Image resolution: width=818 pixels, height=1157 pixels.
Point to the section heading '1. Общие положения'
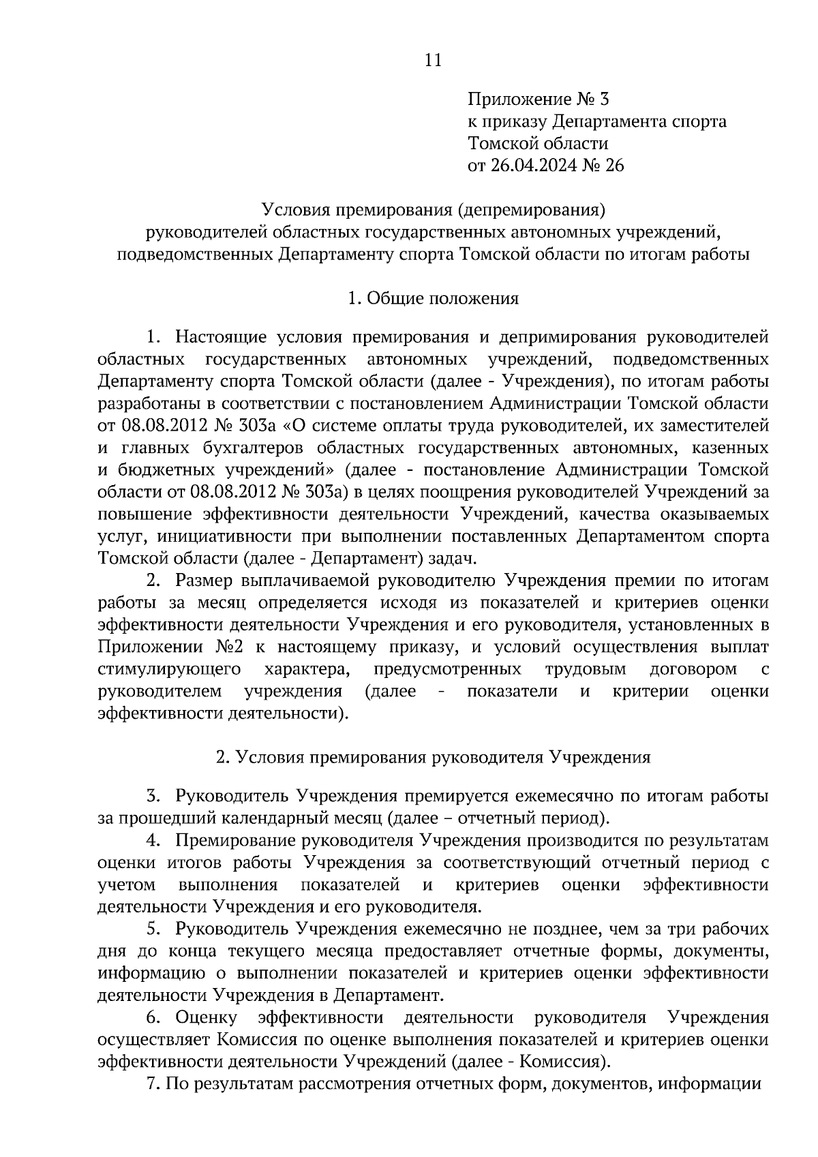coord(433,298)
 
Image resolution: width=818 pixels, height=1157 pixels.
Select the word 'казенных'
coord(730,448)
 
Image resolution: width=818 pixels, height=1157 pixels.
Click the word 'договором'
coord(693,669)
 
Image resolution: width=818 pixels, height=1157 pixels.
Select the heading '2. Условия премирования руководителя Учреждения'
coord(433,757)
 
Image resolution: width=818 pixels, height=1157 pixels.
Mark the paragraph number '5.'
coord(153,929)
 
